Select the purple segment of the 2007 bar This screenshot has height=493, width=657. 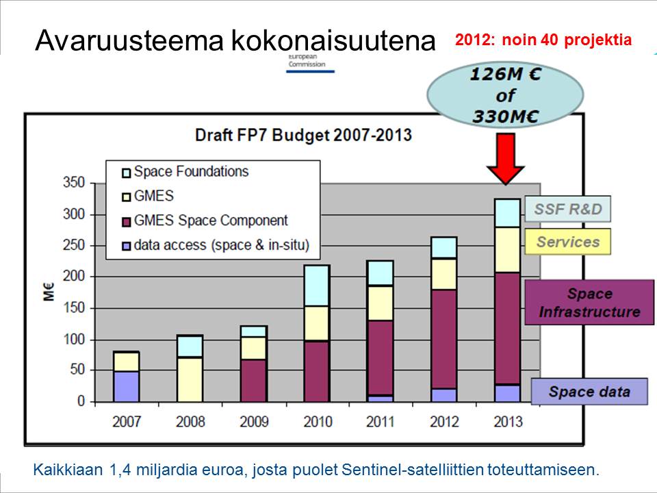pyautogui.click(x=127, y=386)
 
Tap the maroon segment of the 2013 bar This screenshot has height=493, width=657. pyautogui.click(x=507, y=328)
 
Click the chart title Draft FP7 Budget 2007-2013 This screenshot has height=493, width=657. pyautogui.click(x=303, y=134)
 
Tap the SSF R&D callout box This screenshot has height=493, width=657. pyautogui.click(x=568, y=209)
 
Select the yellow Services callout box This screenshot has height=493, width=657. pyautogui.click(x=567, y=242)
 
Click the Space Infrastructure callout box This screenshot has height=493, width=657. pyautogui.click(x=589, y=303)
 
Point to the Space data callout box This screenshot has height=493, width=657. pyautogui.click(x=589, y=392)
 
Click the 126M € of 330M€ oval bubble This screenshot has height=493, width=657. pyautogui.click(x=506, y=95)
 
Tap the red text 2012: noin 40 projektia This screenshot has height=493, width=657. pyautogui.click(x=543, y=40)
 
